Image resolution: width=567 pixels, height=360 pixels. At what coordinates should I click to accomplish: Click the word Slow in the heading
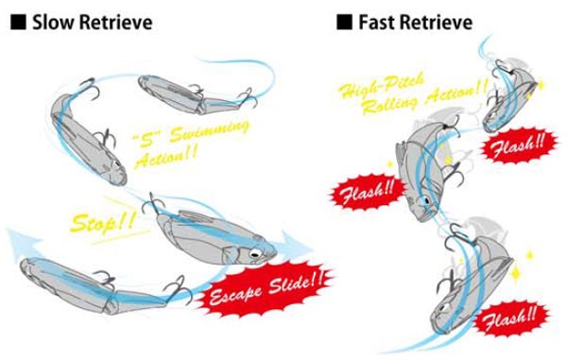[x=53, y=23]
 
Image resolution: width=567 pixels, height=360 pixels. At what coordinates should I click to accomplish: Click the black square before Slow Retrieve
[x=18, y=22]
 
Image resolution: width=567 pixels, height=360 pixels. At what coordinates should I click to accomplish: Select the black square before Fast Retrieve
[x=344, y=22]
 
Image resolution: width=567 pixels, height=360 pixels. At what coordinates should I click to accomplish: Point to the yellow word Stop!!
[x=103, y=221]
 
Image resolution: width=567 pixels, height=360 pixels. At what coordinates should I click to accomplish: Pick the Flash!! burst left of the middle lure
[x=367, y=192]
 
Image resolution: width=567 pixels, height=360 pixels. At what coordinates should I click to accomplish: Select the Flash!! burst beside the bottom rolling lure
[x=510, y=318]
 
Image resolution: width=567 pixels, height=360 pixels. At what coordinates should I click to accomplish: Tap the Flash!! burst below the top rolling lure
[x=518, y=146]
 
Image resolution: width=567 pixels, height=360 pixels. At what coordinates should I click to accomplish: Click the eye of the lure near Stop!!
[x=255, y=254]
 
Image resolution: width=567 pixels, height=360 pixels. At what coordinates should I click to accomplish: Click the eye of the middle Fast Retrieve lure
[x=427, y=200]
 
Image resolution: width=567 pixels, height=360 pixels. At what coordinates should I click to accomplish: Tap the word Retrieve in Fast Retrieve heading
[x=435, y=23]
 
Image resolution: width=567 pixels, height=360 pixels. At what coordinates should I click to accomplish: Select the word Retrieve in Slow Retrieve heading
[x=115, y=23]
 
